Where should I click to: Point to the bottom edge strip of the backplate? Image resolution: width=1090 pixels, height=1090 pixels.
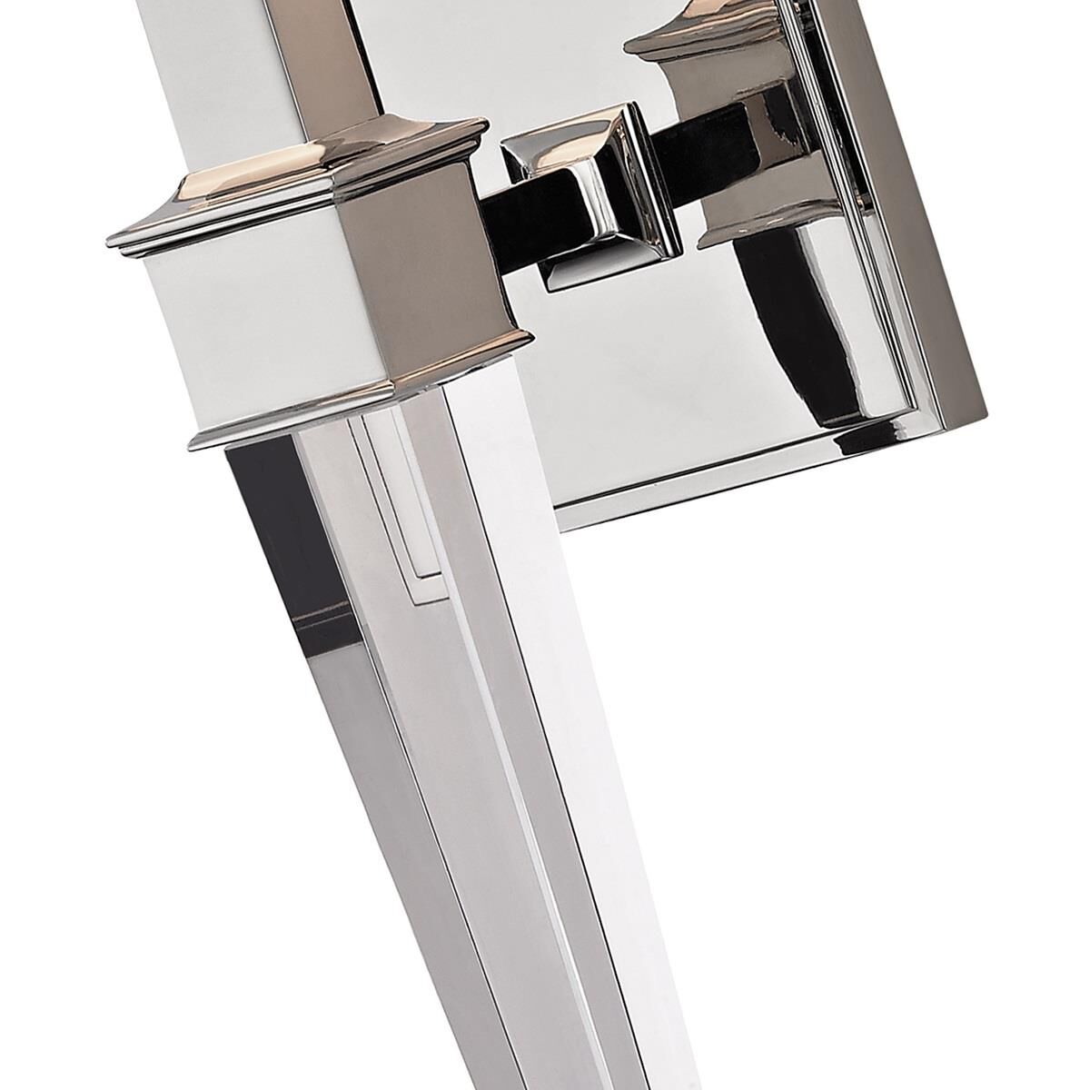point(772,463)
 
